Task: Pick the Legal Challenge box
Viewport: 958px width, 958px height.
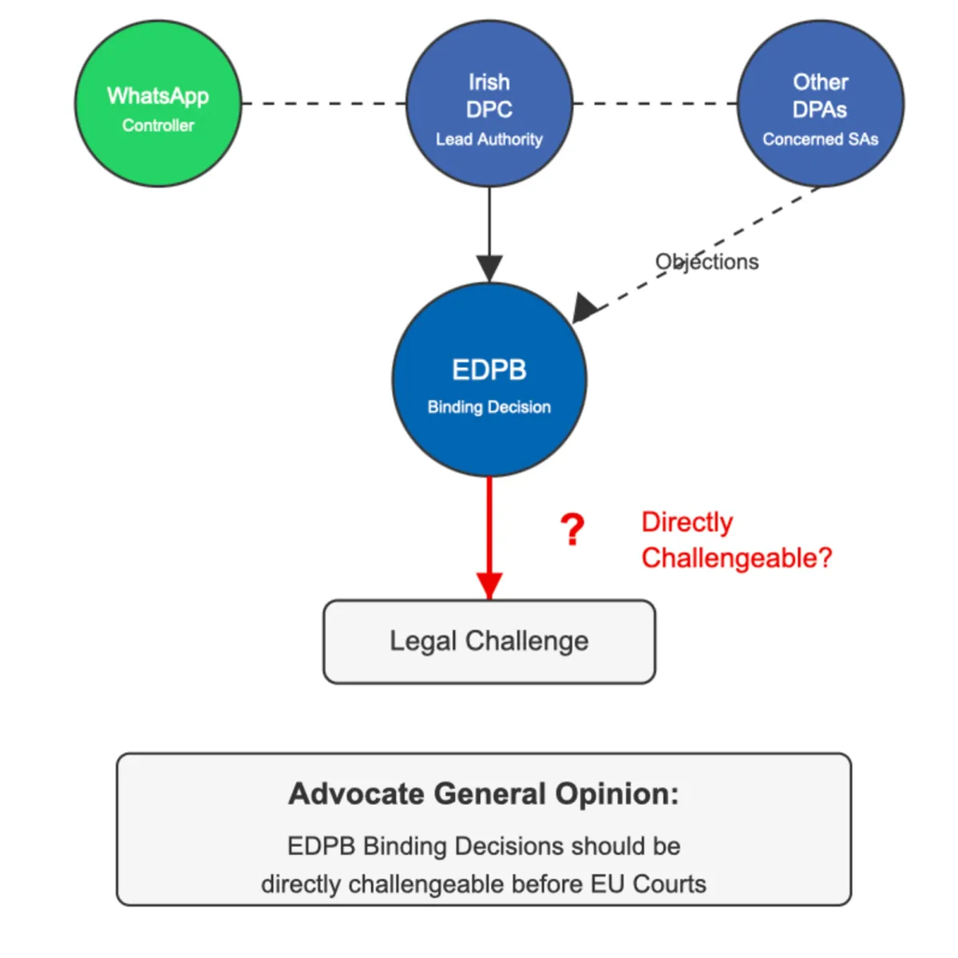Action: [489, 642]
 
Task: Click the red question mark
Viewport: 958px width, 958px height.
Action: [572, 530]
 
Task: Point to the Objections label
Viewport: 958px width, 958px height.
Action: [707, 262]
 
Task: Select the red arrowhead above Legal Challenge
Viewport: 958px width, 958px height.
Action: [489, 585]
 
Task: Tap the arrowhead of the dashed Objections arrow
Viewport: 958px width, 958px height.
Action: [584, 308]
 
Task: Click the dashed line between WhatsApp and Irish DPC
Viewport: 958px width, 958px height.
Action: [323, 104]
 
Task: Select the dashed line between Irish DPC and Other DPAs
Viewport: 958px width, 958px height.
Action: [655, 104]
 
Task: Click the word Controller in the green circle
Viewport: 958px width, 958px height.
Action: [158, 125]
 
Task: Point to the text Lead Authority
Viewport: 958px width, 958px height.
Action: [489, 139]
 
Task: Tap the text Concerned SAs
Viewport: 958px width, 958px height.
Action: [820, 139]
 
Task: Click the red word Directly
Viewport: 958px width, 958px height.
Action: [687, 522]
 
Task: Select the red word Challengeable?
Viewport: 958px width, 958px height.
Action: [736, 558]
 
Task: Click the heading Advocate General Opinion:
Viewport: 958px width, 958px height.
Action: [484, 794]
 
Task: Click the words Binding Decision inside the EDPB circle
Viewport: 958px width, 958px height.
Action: [489, 407]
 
